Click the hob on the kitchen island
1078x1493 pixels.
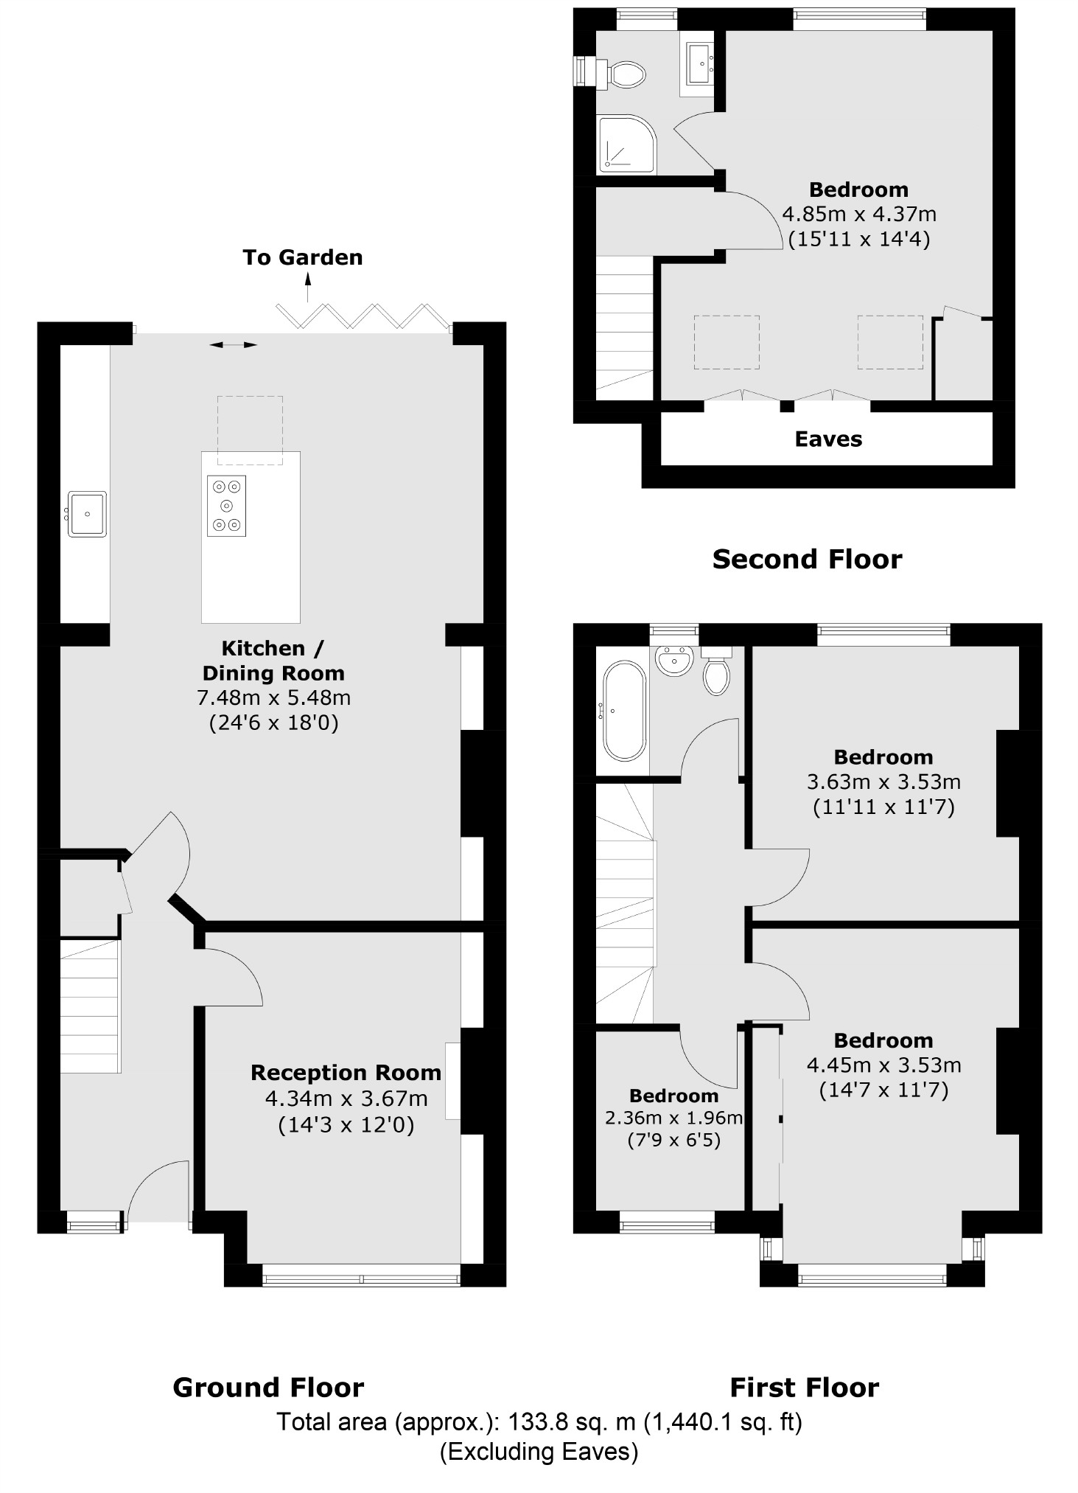[x=226, y=506]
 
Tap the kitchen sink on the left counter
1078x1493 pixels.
[x=88, y=513]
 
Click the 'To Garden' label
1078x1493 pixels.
[x=302, y=257]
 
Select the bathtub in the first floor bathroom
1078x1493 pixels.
[x=624, y=711]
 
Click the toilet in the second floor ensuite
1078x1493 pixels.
[x=626, y=74]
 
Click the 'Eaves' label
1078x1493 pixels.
[x=828, y=439]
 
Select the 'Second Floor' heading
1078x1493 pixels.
[x=807, y=560]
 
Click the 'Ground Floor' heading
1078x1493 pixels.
[x=268, y=1388]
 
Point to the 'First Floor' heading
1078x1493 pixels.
[x=804, y=1388]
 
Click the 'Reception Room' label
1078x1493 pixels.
[x=346, y=1073]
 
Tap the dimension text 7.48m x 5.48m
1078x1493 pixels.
[x=273, y=697]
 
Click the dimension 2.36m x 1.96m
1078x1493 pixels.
[x=673, y=1118]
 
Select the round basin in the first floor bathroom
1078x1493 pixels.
[x=674, y=661]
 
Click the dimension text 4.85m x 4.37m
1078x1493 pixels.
[x=858, y=215]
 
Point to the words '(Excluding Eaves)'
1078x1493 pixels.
[x=539, y=1452]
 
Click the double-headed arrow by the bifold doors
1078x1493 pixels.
[x=234, y=344]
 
